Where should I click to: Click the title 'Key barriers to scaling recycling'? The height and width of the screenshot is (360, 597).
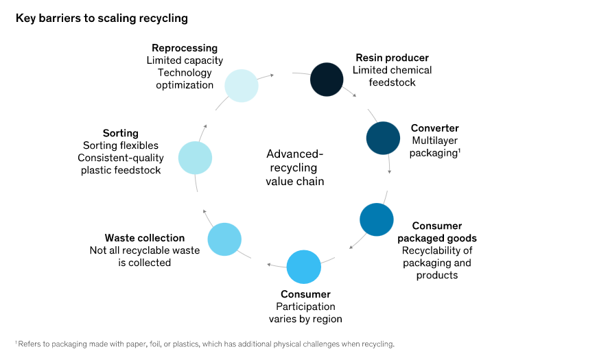click(x=102, y=19)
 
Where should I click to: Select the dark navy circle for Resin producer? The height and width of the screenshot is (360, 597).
click(x=327, y=79)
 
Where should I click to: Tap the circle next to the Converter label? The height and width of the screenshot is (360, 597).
click(x=383, y=138)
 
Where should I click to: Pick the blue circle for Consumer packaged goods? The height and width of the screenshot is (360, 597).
click(x=377, y=220)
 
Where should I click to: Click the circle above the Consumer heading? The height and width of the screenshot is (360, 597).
click(x=303, y=267)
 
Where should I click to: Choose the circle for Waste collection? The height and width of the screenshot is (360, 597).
click(x=224, y=239)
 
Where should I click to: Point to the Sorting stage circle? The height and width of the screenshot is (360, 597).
click(x=195, y=158)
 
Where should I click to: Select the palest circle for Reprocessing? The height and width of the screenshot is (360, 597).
click(x=241, y=85)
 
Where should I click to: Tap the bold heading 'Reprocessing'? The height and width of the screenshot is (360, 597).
click(x=185, y=48)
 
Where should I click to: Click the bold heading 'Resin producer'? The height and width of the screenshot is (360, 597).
click(x=392, y=58)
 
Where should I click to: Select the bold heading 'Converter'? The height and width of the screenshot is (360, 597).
click(x=434, y=128)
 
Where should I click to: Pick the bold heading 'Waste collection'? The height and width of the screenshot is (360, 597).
click(x=145, y=238)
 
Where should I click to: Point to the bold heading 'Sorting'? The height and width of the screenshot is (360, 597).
click(x=121, y=133)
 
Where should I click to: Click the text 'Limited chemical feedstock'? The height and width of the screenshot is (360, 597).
click(x=392, y=76)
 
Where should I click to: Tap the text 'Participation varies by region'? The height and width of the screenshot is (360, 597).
click(x=305, y=313)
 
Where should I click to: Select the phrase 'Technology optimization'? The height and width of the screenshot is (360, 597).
click(x=185, y=79)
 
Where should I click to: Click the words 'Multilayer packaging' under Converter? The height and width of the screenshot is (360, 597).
click(x=434, y=147)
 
